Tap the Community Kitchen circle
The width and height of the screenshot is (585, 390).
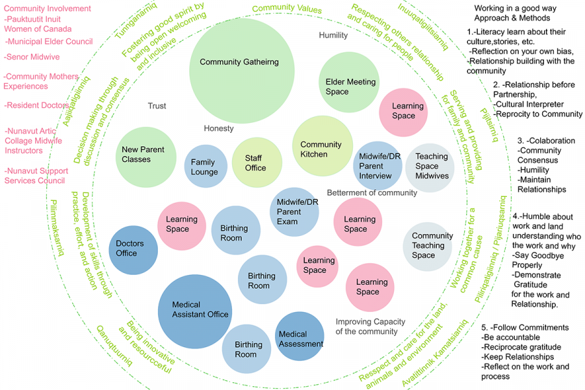321,147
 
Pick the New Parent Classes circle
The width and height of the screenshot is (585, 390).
143,154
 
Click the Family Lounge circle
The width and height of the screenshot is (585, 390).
204,166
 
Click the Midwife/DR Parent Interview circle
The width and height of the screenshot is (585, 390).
376,166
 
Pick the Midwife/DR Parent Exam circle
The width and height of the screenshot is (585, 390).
294,211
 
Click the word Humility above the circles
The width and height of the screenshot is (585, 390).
333,35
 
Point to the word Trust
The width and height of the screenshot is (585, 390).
157,106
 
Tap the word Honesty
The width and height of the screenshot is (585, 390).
218,128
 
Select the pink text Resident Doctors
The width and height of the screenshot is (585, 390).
36,105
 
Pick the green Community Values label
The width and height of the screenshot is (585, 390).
287,10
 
